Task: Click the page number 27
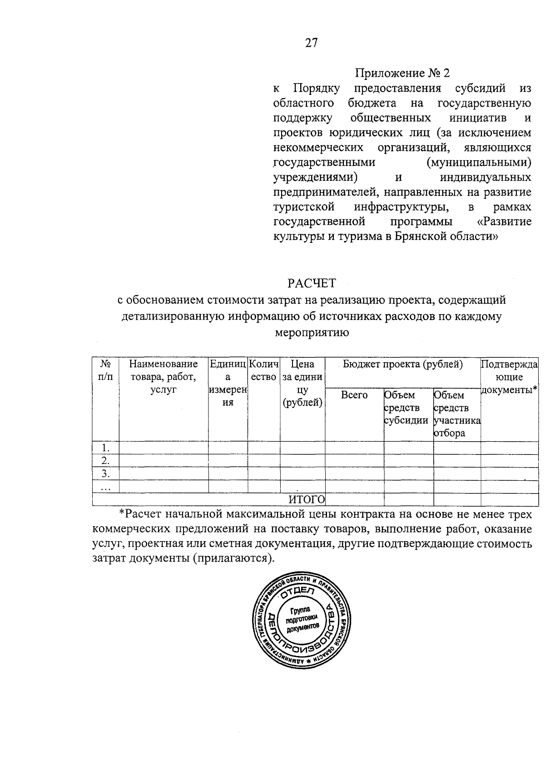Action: pyautogui.click(x=311, y=43)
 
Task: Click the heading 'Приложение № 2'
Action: pyautogui.click(x=402, y=73)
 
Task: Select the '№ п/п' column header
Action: pyautogui.click(x=105, y=370)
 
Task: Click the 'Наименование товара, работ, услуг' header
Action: pyautogui.click(x=163, y=376)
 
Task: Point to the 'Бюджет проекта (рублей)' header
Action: pyautogui.click(x=402, y=364)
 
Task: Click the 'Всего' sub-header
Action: pyautogui.click(x=354, y=395)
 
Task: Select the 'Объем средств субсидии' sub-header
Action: pyautogui.click(x=406, y=407)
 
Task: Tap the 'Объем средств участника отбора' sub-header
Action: pyautogui.click(x=456, y=414)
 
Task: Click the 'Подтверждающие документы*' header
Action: pyautogui.click(x=509, y=376)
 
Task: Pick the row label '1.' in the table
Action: pyautogui.click(x=105, y=448)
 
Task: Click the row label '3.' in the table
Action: pyautogui.click(x=105, y=473)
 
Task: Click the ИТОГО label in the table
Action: pyautogui.click(x=307, y=499)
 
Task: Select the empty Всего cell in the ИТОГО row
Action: pyautogui.click(x=354, y=499)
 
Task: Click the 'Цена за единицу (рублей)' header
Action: pyautogui.click(x=302, y=383)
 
